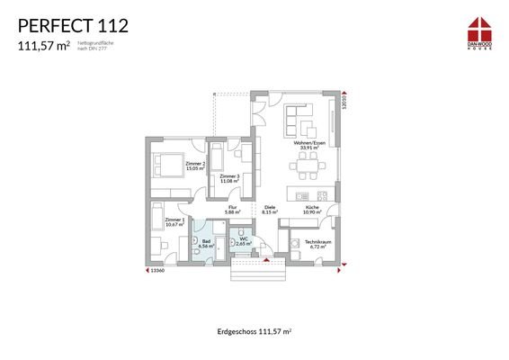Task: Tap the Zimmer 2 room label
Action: click(195, 166)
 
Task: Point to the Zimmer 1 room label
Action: click(175, 221)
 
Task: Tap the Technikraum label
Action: click(316, 244)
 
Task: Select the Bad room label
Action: click(206, 243)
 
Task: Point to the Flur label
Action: click(230, 210)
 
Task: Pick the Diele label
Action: click(270, 210)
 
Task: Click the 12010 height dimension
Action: click(344, 104)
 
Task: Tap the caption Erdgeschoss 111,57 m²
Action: click(254, 332)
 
